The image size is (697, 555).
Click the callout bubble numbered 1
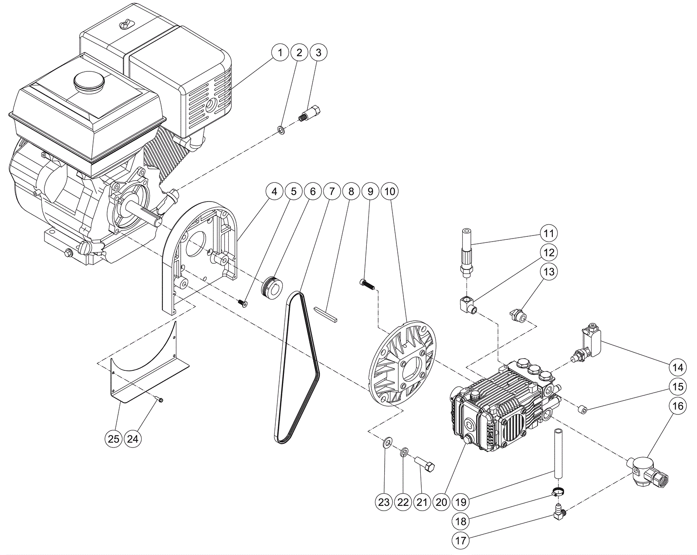pyautogui.click(x=280, y=53)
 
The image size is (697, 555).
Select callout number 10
pyautogui.click(x=389, y=191)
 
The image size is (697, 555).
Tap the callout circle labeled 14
pyautogui.click(x=678, y=367)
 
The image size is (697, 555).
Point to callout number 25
pyautogui.click(x=114, y=439)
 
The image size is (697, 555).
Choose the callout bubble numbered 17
pyautogui.click(x=461, y=541)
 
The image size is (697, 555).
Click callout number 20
pyautogui.click(x=441, y=502)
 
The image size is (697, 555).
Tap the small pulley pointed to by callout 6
pyautogui.click(x=271, y=287)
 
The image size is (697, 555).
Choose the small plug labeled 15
pyautogui.click(x=582, y=409)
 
